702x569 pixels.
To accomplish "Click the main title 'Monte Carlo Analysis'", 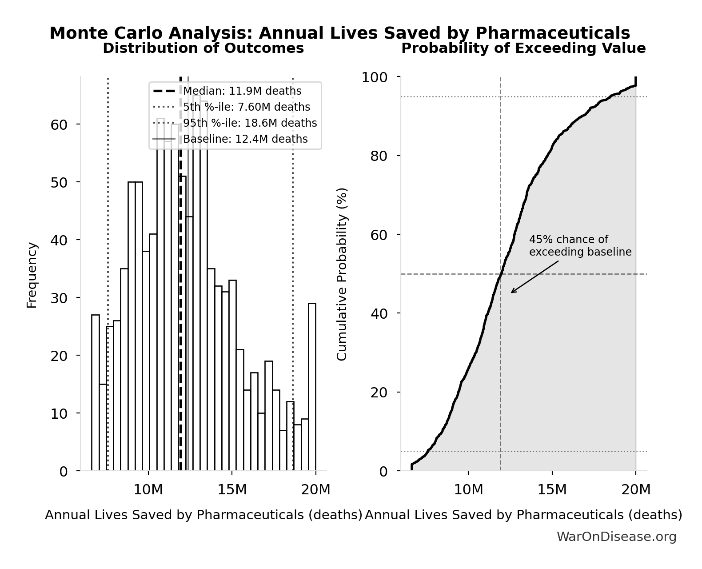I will point(339,33).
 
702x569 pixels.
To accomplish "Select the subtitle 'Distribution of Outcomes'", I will point(203,48).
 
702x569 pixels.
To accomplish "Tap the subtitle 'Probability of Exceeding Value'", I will point(523,48).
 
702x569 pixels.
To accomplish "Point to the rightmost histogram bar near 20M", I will point(312,387).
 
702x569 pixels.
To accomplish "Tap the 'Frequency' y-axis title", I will point(32,275).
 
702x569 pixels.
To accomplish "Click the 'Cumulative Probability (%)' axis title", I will point(342,274).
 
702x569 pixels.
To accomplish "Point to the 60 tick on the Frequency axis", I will point(59,124).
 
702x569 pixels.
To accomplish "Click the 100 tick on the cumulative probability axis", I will point(374,77).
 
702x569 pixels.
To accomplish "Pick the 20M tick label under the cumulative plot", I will point(636,489).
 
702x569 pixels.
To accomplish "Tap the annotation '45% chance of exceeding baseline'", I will point(580,246).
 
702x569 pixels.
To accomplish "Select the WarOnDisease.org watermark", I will point(616,537).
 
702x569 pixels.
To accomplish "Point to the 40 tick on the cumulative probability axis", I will point(379,313).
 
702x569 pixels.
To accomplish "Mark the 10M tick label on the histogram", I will point(148,489).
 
